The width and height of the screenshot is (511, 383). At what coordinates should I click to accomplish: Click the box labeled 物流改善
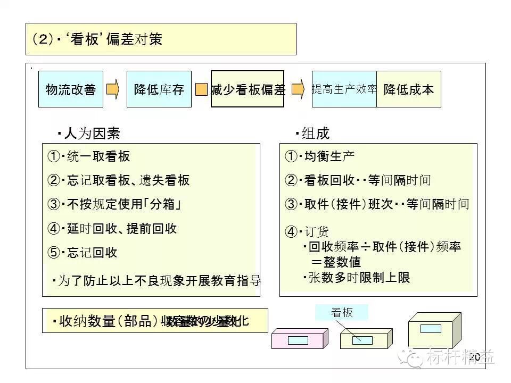pos(71,89)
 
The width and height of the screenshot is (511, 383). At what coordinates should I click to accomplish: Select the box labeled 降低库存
pos(159,89)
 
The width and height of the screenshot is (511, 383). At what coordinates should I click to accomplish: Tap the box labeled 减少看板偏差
pos(248,89)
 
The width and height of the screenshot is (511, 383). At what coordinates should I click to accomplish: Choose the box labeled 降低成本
pos(409,89)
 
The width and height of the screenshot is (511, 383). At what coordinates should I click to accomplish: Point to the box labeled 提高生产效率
pos(344,89)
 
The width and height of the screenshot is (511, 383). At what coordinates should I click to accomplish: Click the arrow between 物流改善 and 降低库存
pos(113,89)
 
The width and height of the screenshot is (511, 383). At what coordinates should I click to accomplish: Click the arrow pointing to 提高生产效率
pos(298,88)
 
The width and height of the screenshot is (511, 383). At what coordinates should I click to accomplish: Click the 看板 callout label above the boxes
pos(342,312)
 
